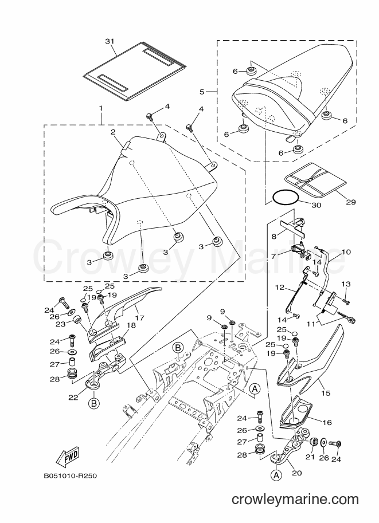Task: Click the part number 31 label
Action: (x=110, y=41)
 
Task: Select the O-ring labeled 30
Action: (x=286, y=198)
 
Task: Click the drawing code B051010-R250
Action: (x=70, y=475)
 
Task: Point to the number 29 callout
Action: (x=351, y=202)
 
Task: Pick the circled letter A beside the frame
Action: (x=255, y=388)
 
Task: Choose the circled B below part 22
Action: (x=94, y=404)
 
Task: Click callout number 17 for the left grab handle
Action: (x=139, y=317)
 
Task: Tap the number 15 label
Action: (x=326, y=393)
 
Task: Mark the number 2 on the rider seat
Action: (x=113, y=132)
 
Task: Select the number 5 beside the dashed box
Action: (x=202, y=92)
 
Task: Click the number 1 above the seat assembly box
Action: (x=101, y=108)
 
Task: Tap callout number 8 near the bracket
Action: (x=274, y=237)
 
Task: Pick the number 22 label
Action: (x=73, y=397)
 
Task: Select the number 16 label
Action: (x=327, y=422)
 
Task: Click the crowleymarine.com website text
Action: (x=295, y=500)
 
